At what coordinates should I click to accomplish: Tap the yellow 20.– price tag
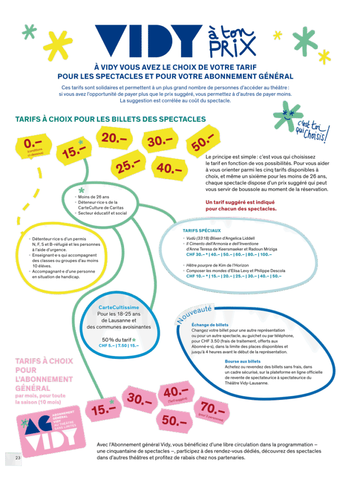[x=113, y=138]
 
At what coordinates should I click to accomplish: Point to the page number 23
[x=18, y=458]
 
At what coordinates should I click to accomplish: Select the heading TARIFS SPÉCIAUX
[x=201, y=231]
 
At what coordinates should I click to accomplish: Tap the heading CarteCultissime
[x=119, y=308]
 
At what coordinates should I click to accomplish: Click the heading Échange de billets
[x=210, y=325]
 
